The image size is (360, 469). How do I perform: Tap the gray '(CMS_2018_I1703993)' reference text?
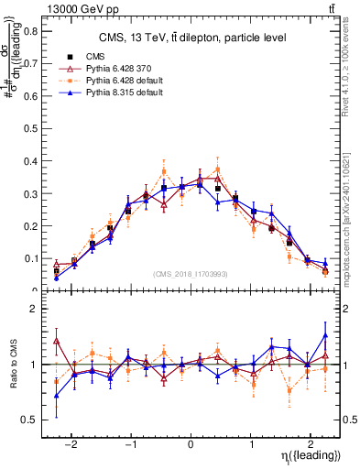click(191, 274)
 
